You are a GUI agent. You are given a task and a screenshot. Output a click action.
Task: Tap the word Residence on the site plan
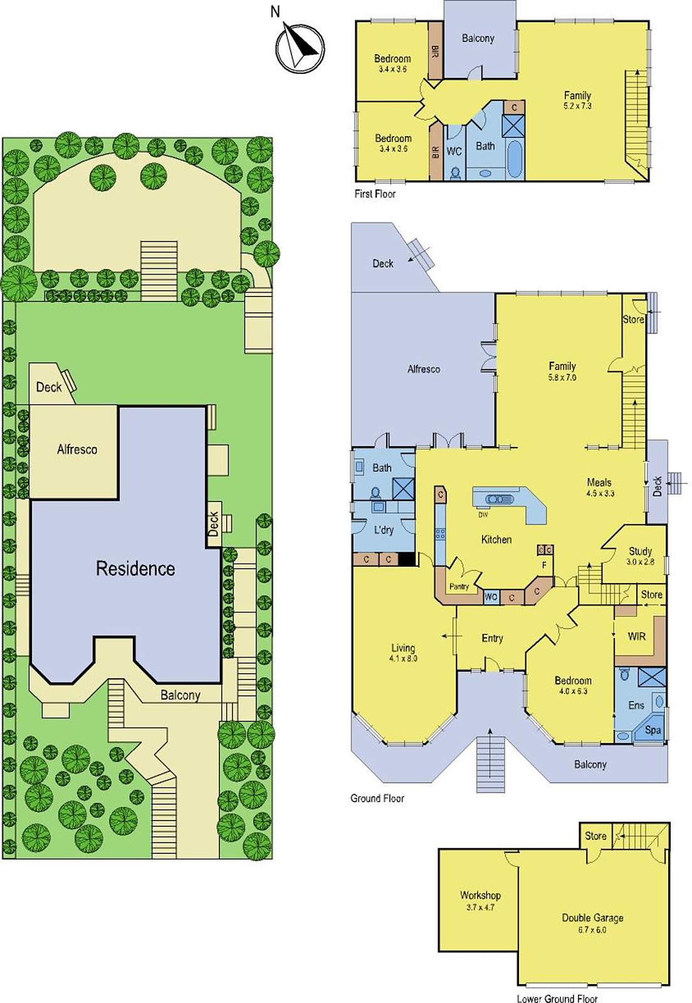(135, 569)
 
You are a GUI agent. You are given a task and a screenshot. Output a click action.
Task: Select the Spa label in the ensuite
(653, 730)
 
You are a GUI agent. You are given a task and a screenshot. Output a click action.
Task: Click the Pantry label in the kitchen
(459, 587)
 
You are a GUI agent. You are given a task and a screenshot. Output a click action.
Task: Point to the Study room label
(640, 551)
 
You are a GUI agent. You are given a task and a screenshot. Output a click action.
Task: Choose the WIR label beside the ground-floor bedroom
(636, 636)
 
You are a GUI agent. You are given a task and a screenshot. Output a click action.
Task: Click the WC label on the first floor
(454, 151)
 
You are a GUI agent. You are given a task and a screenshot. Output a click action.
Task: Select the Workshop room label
(480, 895)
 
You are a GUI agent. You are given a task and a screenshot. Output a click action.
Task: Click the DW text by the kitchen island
(483, 515)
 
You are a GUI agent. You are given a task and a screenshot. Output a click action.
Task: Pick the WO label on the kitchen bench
(491, 597)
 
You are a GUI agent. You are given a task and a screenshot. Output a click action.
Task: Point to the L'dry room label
(384, 530)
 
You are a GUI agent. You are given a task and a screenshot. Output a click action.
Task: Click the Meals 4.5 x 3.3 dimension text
(600, 493)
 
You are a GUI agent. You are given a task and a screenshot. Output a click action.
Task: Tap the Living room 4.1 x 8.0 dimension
(403, 659)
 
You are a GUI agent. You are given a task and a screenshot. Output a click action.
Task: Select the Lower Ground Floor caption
(557, 999)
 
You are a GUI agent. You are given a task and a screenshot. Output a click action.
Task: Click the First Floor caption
(375, 194)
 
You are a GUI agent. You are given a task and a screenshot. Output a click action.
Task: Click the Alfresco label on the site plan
(77, 449)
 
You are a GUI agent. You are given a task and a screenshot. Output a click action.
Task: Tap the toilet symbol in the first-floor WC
(456, 173)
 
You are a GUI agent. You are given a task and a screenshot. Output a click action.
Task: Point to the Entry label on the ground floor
(493, 639)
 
